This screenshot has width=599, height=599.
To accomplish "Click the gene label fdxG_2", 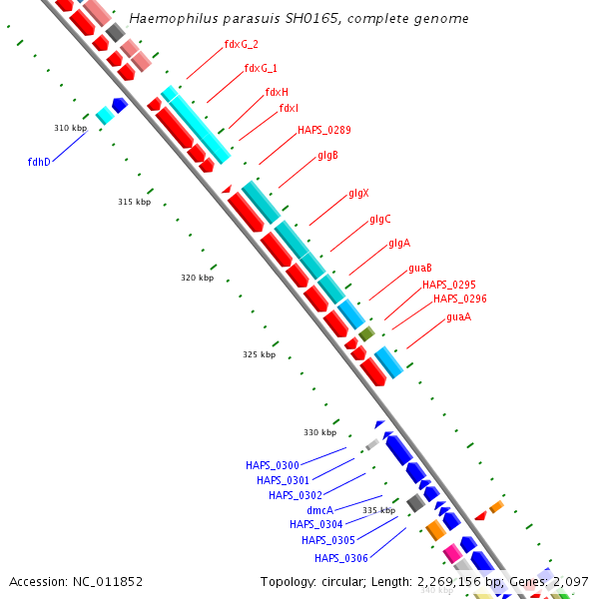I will point(242,44).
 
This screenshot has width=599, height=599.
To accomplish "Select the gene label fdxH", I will point(277,92).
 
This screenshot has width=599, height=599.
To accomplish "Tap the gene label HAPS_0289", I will point(323,130).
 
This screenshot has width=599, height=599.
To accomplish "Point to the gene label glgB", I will point(327,155).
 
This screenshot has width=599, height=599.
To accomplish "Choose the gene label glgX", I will point(358,193).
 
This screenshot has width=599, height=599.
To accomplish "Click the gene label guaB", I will point(419,268).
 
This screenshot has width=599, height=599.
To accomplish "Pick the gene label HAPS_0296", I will point(459,299).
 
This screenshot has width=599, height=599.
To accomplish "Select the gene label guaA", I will point(458,316).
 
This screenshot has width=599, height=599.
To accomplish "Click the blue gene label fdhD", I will point(39,161).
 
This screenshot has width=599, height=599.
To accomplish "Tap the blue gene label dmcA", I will point(319,509).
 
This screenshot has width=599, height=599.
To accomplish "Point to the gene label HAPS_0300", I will point(272,465).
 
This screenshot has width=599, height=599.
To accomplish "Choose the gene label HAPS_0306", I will point(340,558).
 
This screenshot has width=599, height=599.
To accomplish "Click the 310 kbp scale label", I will point(70,128).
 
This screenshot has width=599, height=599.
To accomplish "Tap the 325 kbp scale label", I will point(259,354).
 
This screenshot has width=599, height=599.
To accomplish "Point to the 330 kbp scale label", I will point(320,432).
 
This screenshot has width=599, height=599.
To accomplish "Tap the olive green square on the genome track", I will point(366,333).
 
